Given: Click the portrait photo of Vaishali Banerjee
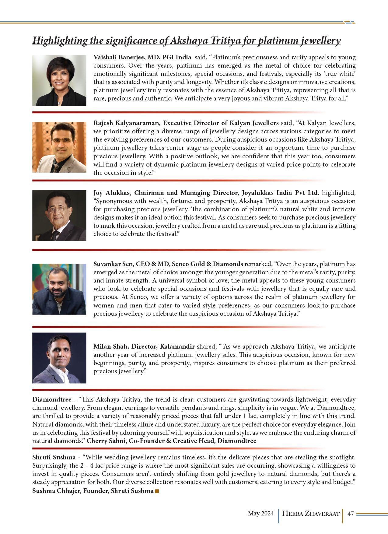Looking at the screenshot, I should pos(59,80).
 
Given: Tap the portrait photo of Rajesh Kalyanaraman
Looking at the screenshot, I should pos(59,147).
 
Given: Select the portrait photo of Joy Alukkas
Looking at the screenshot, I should pos(59,216).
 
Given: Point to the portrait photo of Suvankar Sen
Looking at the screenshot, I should pos(59,289).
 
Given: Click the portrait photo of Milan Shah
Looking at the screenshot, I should pos(59,358).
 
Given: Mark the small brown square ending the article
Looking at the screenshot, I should pos(157,491).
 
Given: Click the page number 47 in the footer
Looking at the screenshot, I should pos(351,514).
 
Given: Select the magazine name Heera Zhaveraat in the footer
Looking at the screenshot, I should pos(311,514).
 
